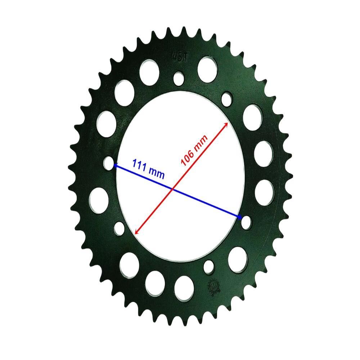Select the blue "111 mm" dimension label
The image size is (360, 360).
tap(148, 169)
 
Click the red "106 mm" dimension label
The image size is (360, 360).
tap(194, 150)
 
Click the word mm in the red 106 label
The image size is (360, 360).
tap(201, 142)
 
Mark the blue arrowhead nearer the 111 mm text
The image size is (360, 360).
tap(116, 165)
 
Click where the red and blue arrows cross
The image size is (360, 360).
tap(173, 189)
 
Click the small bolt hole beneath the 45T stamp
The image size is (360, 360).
tap(178, 78)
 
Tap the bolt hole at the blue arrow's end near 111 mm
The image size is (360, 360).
tap(109, 163)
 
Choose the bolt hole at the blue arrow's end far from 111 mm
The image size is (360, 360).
tap(246, 222)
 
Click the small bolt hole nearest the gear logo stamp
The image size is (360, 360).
tap(208, 267)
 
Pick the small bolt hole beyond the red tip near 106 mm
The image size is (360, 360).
tap(227, 98)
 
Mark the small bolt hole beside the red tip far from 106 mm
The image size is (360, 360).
tap(119, 228)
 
